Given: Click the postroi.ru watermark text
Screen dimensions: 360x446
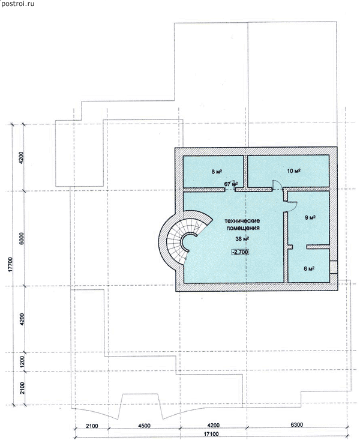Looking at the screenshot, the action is click(x=17, y=4).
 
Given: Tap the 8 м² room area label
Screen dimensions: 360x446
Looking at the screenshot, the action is click(x=217, y=172).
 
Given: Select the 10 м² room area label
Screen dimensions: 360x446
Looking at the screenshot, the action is click(x=294, y=171).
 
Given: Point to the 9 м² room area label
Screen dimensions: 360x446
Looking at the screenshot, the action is click(x=310, y=217).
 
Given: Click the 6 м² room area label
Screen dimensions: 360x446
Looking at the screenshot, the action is click(x=309, y=268).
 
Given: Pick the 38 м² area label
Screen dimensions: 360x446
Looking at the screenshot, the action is click(x=242, y=239).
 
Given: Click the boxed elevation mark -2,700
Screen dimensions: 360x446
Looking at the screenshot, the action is click(x=240, y=252).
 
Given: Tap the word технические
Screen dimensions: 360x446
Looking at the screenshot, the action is click(x=242, y=221).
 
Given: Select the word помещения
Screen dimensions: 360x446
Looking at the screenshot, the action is click(x=243, y=228).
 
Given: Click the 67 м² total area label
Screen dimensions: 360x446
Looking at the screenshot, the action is click(x=231, y=184).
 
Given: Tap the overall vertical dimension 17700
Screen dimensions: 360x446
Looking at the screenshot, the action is click(x=11, y=265).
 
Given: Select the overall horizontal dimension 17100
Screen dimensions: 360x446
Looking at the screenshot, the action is click(x=211, y=442).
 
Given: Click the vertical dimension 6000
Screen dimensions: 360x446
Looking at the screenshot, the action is click(x=22, y=238).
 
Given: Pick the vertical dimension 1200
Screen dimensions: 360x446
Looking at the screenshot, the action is click(x=22, y=362).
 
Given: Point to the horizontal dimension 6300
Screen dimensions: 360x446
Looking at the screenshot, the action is click(x=296, y=424).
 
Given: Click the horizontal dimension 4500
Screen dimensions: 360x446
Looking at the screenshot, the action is click(x=144, y=426).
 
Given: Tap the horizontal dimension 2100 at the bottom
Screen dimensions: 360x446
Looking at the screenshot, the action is click(x=92, y=426).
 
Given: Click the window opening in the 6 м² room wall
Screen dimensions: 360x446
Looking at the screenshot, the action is click(x=334, y=267).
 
